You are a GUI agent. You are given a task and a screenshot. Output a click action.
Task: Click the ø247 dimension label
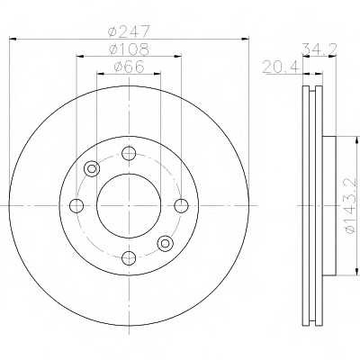129,31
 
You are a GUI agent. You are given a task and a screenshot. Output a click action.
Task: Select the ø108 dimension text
129,49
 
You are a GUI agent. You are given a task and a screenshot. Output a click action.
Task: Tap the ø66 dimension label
129,67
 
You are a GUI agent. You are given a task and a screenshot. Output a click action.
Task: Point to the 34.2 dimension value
319,49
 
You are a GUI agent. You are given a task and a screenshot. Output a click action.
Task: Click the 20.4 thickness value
281,67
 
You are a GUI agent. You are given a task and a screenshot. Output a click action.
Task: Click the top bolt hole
129,153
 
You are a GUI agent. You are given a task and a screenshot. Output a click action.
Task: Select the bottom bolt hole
129,258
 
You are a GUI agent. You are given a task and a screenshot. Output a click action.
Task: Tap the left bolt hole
76,206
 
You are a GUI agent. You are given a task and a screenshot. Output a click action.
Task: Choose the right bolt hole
182,206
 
